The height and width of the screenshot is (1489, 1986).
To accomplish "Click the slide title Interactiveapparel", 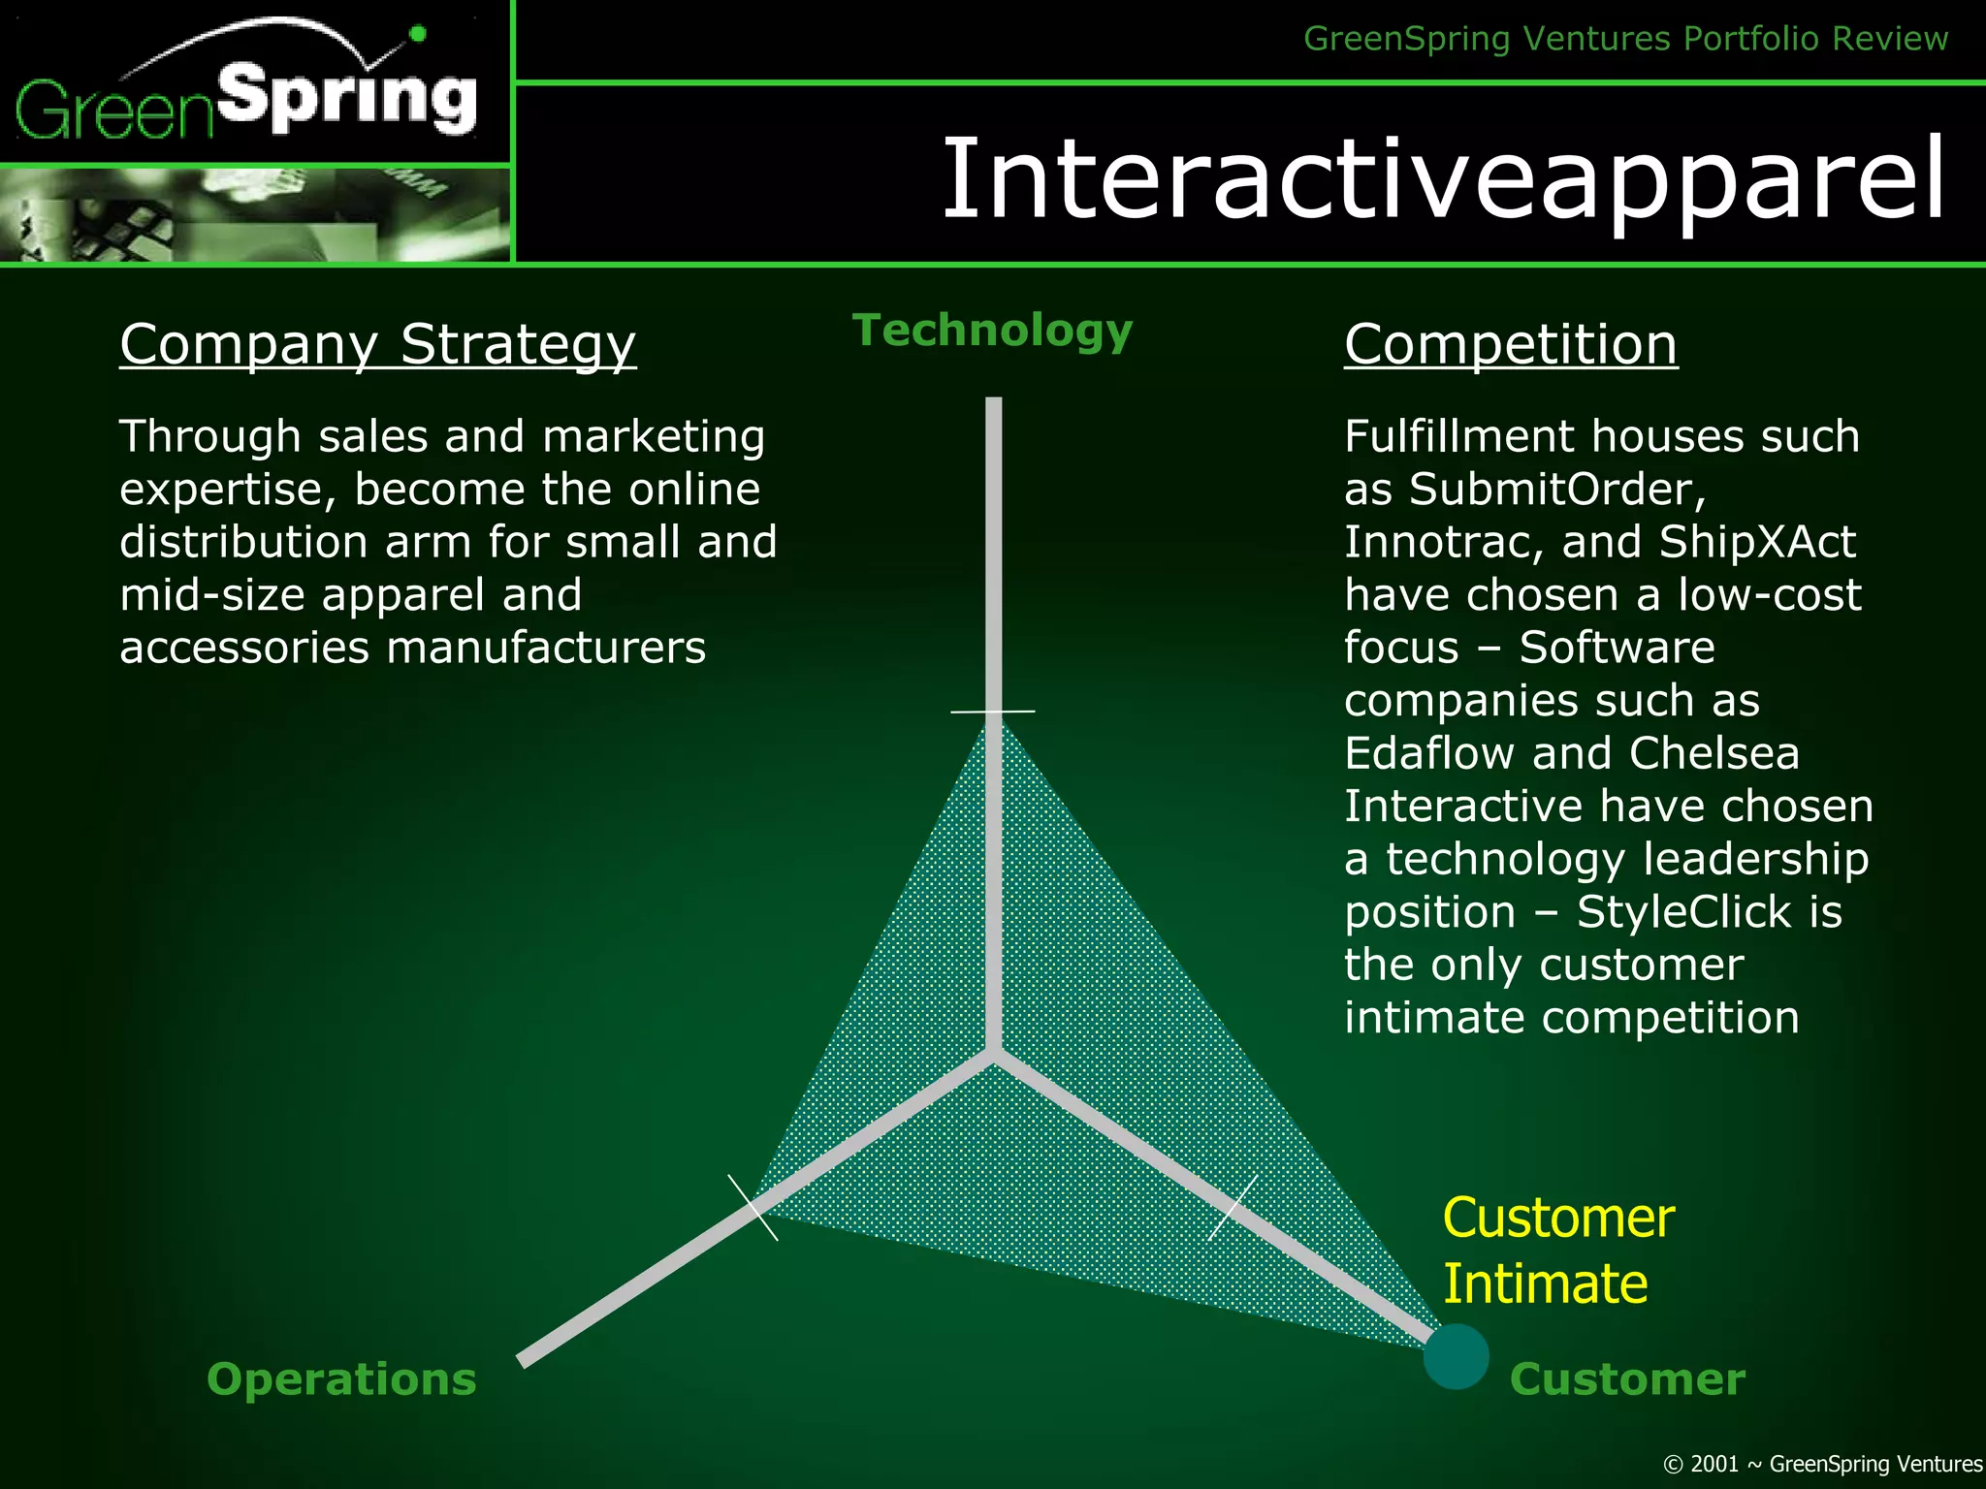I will point(1443,180).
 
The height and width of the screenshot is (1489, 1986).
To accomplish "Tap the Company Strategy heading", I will point(377,344).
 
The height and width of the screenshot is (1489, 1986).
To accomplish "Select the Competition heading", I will point(1510,344).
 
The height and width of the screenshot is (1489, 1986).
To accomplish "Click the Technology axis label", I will point(992,331).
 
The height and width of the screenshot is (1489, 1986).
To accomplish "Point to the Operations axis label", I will point(341,1378).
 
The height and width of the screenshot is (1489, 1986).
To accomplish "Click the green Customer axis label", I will point(1626,1378).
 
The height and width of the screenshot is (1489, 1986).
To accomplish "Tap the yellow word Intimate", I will point(1545,1283).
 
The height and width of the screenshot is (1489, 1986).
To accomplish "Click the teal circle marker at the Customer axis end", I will point(1456,1356).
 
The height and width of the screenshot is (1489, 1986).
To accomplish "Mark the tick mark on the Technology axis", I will point(993,712).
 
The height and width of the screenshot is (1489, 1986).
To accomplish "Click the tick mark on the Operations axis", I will point(753,1208).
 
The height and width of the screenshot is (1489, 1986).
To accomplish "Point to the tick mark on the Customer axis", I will point(1233,1208).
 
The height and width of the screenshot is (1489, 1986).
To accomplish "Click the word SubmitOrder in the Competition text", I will point(1555,490).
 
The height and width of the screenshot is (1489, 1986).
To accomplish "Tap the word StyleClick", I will point(1682,912).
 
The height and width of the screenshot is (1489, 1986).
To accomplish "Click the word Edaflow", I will point(1428,753).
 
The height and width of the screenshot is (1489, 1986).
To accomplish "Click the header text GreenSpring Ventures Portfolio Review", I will point(1625,39).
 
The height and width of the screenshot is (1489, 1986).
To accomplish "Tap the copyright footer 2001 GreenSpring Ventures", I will point(1822,1464).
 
